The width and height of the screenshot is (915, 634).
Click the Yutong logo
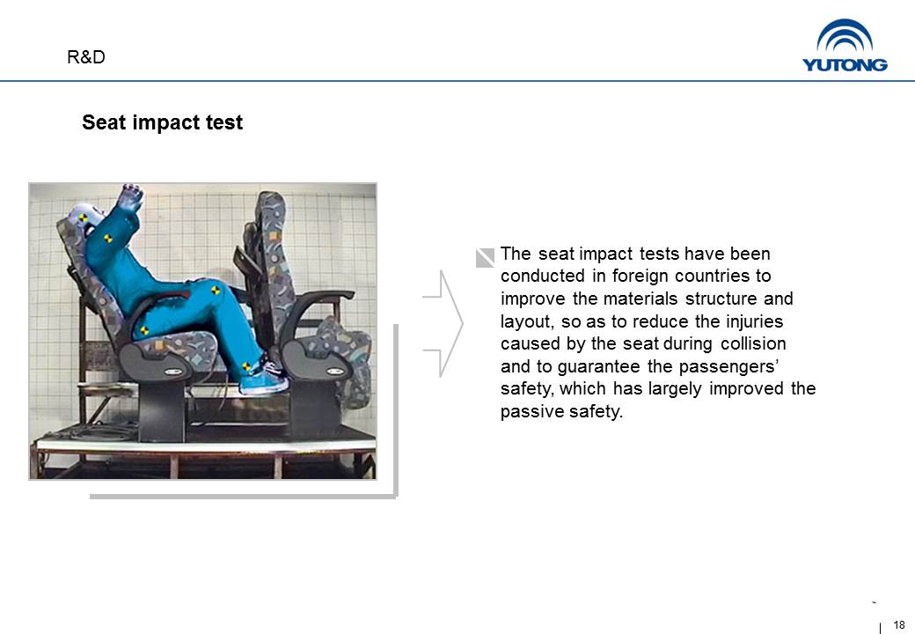click(x=845, y=46)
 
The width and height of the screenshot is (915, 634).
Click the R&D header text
click(x=86, y=57)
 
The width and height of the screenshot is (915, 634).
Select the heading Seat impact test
click(x=162, y=122)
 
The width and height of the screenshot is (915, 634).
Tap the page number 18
click(x=898, y=624)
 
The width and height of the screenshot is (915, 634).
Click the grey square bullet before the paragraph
click(x=485, y=257)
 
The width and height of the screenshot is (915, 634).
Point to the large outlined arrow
click(x=443, y=323)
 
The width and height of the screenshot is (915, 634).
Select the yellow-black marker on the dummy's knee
click(x=216, y=290)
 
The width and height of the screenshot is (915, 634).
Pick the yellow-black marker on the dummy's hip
click(x=144, y=330)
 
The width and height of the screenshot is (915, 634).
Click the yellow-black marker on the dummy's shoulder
click(x=107, y=238)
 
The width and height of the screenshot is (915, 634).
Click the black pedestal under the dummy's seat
click(x=162, y=410)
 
